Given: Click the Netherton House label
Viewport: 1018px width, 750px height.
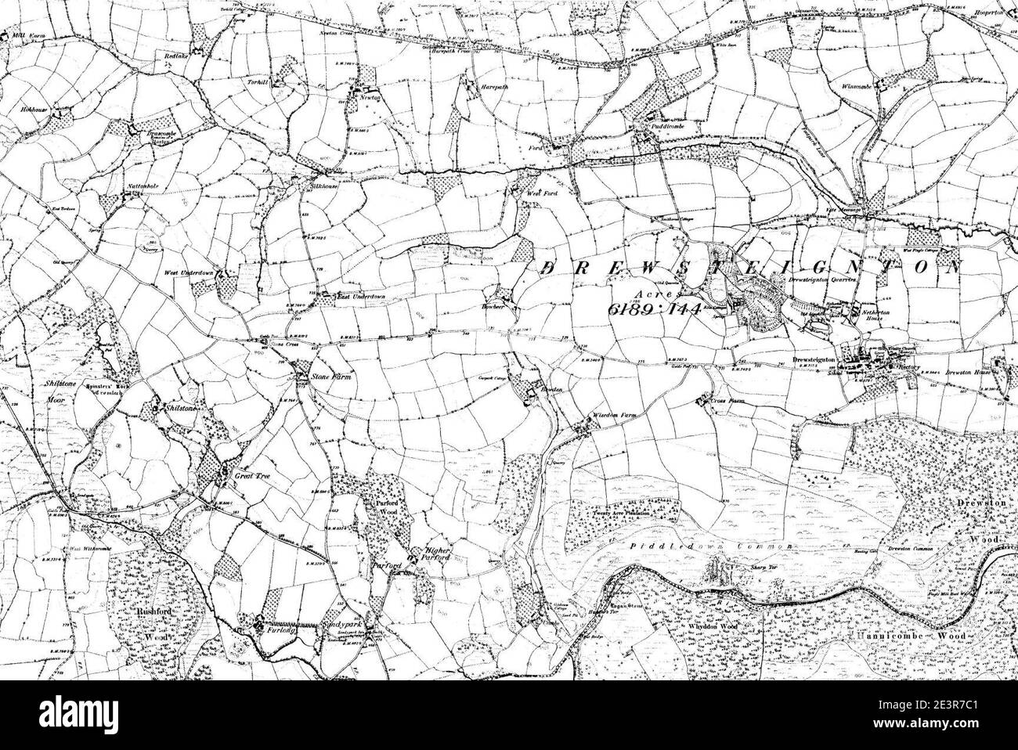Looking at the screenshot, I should pos(879,322).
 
